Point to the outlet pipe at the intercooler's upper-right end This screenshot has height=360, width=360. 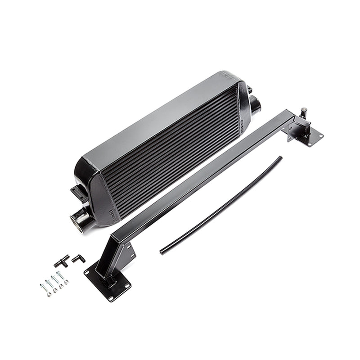(x=256, y=106)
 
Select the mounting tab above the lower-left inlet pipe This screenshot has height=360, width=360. (x=79, y=193)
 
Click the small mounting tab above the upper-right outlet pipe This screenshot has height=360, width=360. (x=249, y=90)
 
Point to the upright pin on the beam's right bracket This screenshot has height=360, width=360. (x=304, y=112)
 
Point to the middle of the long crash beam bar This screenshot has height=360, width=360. (x=202, y=175)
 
